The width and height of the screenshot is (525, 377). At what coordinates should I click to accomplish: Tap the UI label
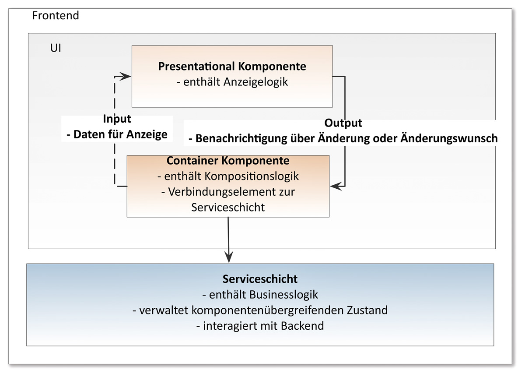pos(56,48)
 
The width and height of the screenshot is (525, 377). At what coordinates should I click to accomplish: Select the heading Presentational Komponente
pos(232,67)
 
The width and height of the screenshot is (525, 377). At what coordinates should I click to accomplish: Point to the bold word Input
pos(117,119)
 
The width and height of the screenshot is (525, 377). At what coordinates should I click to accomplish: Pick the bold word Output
pos(343,123)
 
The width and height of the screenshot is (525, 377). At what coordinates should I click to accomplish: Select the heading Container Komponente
pos(228,161)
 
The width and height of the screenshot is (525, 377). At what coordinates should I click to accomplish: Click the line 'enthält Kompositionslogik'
pos(228,176)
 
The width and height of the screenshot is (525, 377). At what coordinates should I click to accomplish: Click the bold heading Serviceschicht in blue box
pos(260,279)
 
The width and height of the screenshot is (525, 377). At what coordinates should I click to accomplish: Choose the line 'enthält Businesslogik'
pos(260,294)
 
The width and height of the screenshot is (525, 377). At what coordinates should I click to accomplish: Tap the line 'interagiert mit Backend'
pos(260,326)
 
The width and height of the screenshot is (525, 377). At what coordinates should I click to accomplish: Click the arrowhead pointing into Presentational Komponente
pos(126,76)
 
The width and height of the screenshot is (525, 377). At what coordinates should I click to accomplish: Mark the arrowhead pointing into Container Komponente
pos(335,187)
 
